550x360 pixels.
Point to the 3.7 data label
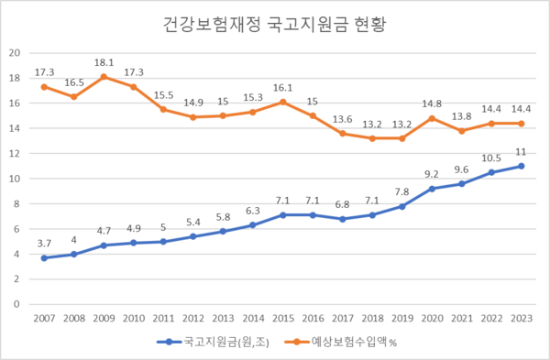tap(43, 243)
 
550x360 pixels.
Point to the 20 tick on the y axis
tap(15, 52)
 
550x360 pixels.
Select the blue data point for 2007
tap(43, 257)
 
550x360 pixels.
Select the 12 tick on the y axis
tap(15, 153)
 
